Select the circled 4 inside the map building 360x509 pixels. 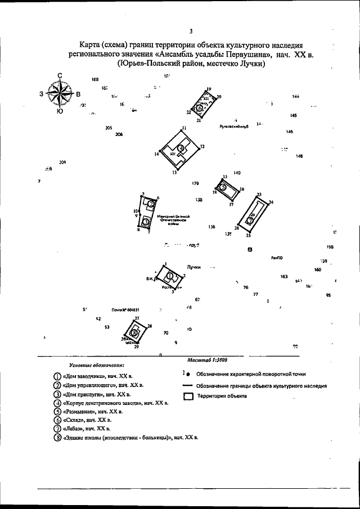[181, 148]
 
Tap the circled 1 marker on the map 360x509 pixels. [170, 276]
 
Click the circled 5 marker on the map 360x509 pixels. [223, 187]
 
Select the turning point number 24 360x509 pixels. [271, 202]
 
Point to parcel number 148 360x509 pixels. [299, 156]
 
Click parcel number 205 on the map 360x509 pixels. [109, 128]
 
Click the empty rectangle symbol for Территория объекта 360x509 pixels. [189, 397]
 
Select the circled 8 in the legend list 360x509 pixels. [57, 437]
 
